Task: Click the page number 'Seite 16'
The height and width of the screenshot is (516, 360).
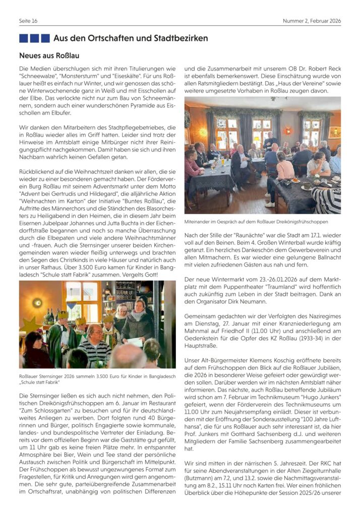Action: (28, 21)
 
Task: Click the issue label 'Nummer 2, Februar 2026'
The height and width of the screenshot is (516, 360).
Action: (312, 21)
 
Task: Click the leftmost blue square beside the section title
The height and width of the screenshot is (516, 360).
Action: (23, 38)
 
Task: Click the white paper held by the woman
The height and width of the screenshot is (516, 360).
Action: (134, 342)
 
